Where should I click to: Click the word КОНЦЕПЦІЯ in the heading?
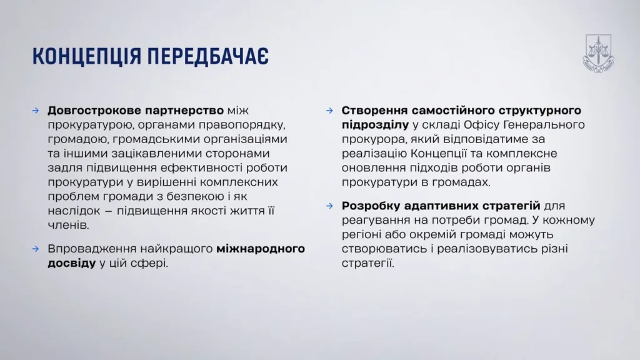pyautogui.click(x=87, y=56)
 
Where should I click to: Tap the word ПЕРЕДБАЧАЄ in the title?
pyautogui.click(x=208, y=56)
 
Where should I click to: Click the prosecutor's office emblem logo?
pyautogui.click(x=598, y=54)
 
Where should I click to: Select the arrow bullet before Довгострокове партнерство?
pyautogui.click(x=36, y=111)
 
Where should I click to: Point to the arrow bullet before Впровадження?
pyautogui.click(x=36, y=249)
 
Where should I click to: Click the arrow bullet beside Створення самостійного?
pyautogui.click(x=330, y=111)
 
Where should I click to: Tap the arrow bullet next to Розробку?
pyautogui.click(x=330, y=206)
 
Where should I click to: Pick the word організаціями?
pyautogui.click(x=246, y=139)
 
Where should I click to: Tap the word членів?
pyautogui.click(x=68, y=225)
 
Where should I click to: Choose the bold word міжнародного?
pyautogui.click(x=261, y=249)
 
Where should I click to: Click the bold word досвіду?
pyautogui.click(x=72, y=263)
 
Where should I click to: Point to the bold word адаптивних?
pyautogui.click(x=441, y=206)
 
